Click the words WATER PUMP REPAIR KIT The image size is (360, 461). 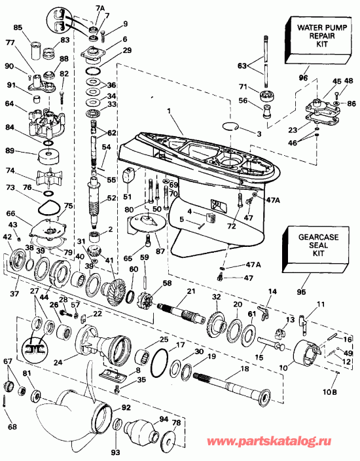pyautogui.click(x=310, y=37)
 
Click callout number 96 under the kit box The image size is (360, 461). pyautogui.click(x=302, y=78)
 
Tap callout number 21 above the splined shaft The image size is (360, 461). pyautogui.click(x=191, y=290)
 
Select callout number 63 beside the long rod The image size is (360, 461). pyautogui.click(x=242, y=65)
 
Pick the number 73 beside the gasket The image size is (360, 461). pyautogui.click(x=10, y=188)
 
